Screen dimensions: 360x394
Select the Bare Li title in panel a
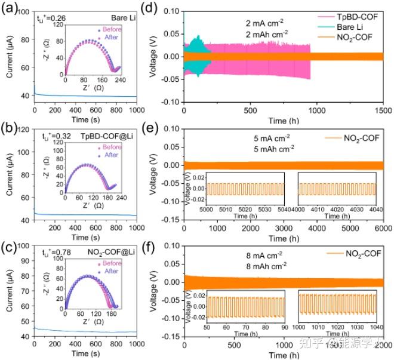pos(121,18)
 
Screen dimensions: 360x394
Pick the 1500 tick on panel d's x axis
pos(383,110)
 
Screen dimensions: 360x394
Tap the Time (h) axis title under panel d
pos(284,121)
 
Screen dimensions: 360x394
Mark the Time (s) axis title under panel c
pos(85,356)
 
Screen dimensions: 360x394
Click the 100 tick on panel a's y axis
pos(25,11)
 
